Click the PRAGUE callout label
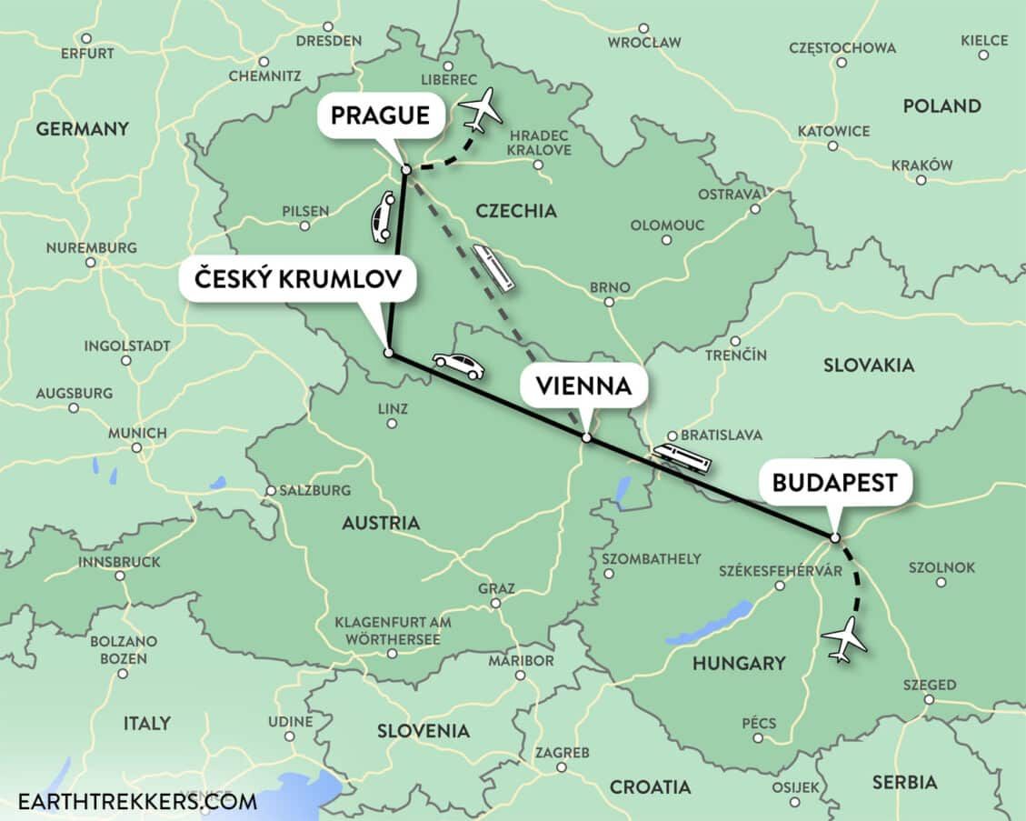(x=380, y=115)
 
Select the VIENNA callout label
(x=583, y=385)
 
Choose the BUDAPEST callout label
(x=834, y=483)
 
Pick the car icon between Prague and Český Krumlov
(x=383, y=217)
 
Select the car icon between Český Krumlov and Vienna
(x=458, y=365)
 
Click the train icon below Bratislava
(x=682, y=457)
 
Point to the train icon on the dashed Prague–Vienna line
(x=493, y=267)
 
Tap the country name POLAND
(x=941, y=106)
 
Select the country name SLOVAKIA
(x=868, y=365)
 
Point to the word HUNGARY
(x=738, y=663)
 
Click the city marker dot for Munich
(x=136, y=447)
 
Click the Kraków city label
(x=921, y=165)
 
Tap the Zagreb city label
(x=562, y=753)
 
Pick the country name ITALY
(x=146, y=724)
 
